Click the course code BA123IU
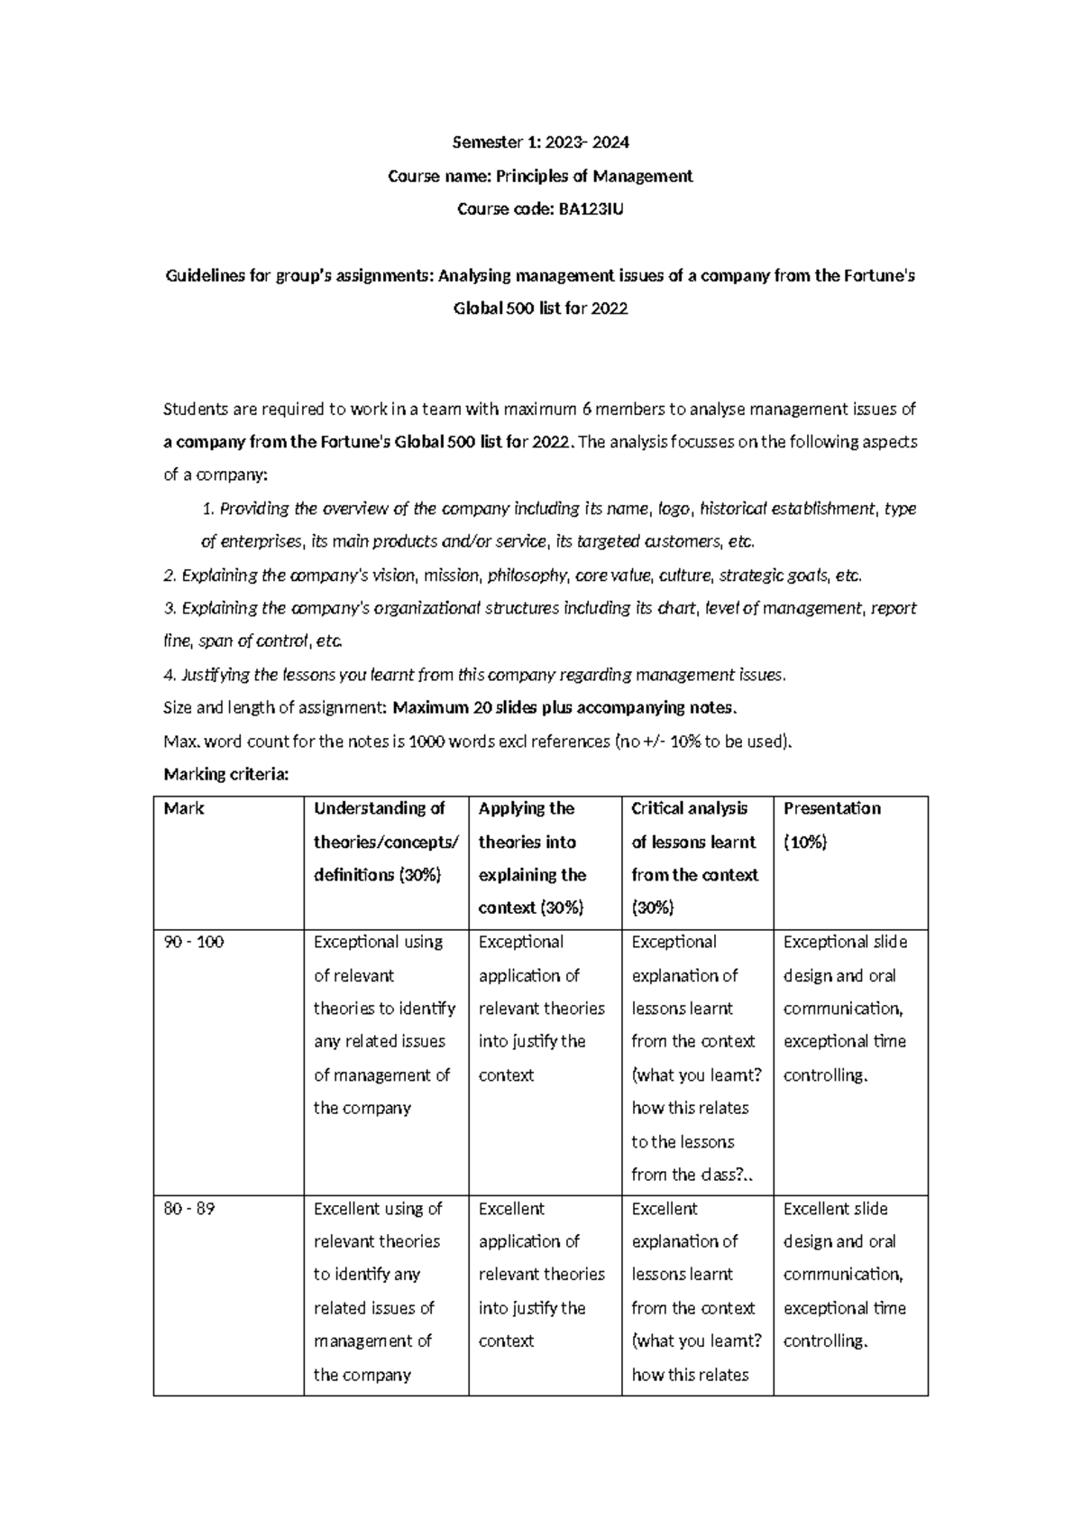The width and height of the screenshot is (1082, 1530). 591,209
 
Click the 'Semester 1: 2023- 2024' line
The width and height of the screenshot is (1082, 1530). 540,142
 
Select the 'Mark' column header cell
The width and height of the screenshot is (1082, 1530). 184,808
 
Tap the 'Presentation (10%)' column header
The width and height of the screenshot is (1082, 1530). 831,825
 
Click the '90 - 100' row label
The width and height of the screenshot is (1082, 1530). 194,942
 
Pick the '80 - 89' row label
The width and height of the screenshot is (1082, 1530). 189,1208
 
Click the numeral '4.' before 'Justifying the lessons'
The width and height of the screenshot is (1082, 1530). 170,675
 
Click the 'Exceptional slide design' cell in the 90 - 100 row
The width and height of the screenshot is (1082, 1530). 845,1008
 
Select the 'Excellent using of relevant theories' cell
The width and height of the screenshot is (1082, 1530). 378,1291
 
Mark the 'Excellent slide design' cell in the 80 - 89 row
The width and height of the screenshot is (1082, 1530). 845,1274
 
